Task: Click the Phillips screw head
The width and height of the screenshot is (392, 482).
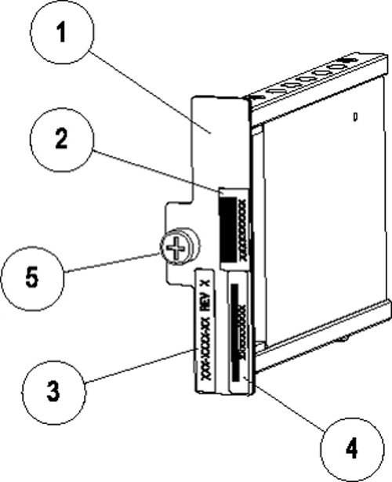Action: pos(178,250)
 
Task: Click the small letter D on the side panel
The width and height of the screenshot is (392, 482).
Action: pos(355,118)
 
